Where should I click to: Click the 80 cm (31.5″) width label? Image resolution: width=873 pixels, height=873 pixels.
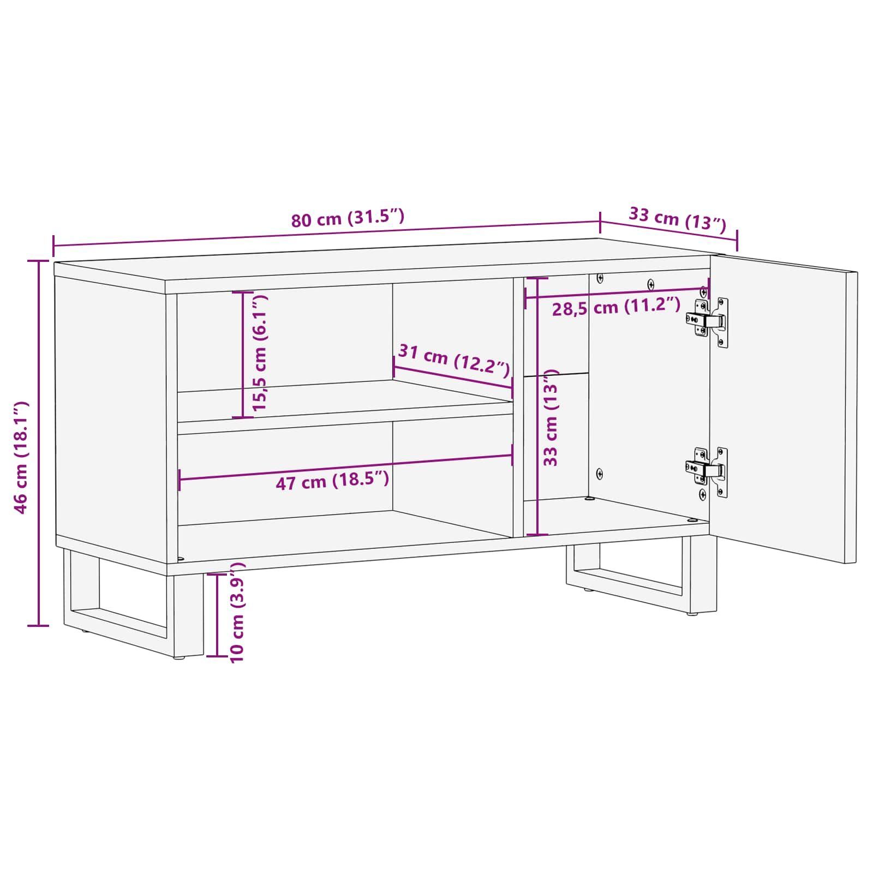click(348, 218)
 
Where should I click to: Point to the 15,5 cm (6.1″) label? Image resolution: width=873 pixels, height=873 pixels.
click(260, 353)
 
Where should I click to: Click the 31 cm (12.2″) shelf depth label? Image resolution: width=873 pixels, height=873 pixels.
click(455, 360)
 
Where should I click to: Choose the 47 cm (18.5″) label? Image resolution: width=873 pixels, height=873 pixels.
click(332, 480)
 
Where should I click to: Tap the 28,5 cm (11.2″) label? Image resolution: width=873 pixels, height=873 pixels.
click(617, 307)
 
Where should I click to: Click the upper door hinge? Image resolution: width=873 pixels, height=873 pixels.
click(708, 322)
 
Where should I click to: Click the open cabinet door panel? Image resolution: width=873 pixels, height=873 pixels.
click(783, 409)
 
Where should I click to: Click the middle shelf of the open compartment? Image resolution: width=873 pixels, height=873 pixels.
click(344, 406)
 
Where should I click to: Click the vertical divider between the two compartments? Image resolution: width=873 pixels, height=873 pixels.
click(518, 406)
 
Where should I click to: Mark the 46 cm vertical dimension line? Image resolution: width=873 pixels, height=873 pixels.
click(38, 443)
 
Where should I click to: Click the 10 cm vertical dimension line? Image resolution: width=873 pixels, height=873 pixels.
click(217, 614)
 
